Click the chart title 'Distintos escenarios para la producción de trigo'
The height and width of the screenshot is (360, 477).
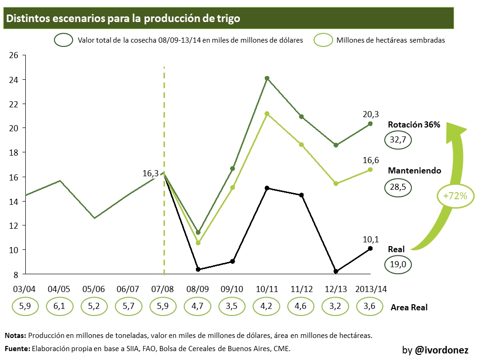[x=123, y=18]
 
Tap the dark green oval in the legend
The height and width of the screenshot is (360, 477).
[x=63, y=40]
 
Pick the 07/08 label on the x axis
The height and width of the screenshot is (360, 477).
[x=163, y=289]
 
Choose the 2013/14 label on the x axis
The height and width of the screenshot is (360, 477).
[x=371, y=289]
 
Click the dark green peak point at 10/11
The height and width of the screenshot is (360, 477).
[x=267, y=78]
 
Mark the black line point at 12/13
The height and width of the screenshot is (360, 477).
[x=336, y=271]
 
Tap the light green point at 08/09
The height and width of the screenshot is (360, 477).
[x=198, y=243]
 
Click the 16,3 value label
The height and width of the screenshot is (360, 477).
[x=151, y=173]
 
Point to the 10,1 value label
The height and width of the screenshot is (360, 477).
[x=371, y=239]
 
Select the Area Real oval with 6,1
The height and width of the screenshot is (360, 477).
[x=59, y=307]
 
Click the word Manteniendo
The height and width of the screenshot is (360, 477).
[x=414, y=171]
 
